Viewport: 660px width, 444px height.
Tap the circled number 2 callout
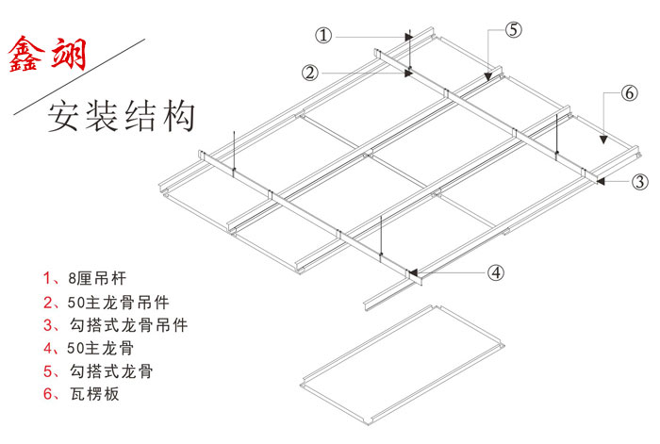pyautogui.click(x=311, y=71)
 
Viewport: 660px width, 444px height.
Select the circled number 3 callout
pyautogui.click(x=638, y=181)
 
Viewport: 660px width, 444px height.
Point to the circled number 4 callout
pyautogui.click(x=495, y=273)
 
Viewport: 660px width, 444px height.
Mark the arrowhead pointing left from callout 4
pyautogui.click(x=417, y=273)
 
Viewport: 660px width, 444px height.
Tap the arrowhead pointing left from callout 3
pyautogui.click(x=590, y=180)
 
